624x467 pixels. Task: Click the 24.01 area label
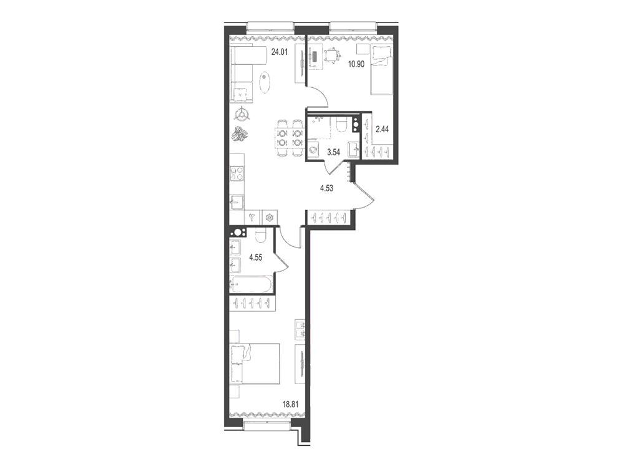tap(279, 51)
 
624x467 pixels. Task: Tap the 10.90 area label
tap(356, 64)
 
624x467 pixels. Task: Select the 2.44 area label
tap(382, 129)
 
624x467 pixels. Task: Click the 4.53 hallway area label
tap(326, 188)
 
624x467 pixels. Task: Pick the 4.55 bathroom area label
tap(255, 258)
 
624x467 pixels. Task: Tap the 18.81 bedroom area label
tap(290, 405)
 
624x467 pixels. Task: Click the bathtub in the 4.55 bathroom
tap(251, 284)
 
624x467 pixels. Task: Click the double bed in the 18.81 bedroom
tap(255, 365)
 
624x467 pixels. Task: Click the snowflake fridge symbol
tap(270, 217)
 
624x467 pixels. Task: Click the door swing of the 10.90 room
tap(321, 96)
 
